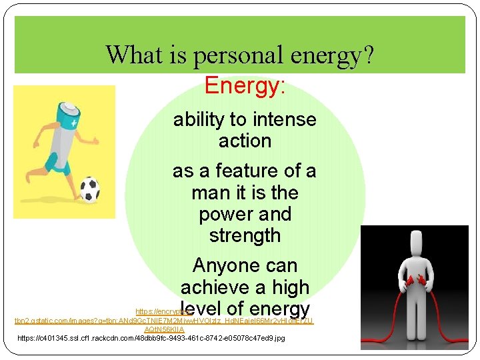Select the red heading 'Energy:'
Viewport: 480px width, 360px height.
coord(245,86)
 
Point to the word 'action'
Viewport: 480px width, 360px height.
coord(245,141)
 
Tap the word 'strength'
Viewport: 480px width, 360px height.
coord(245,236)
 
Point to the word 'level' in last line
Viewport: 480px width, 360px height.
coord(201,309)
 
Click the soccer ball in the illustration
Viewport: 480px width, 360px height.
coord(89,189)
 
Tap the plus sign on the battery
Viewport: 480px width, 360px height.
coord(73,124)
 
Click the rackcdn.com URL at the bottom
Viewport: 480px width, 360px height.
coord(151,339)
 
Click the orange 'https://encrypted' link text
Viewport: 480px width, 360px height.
coord(157,311)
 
